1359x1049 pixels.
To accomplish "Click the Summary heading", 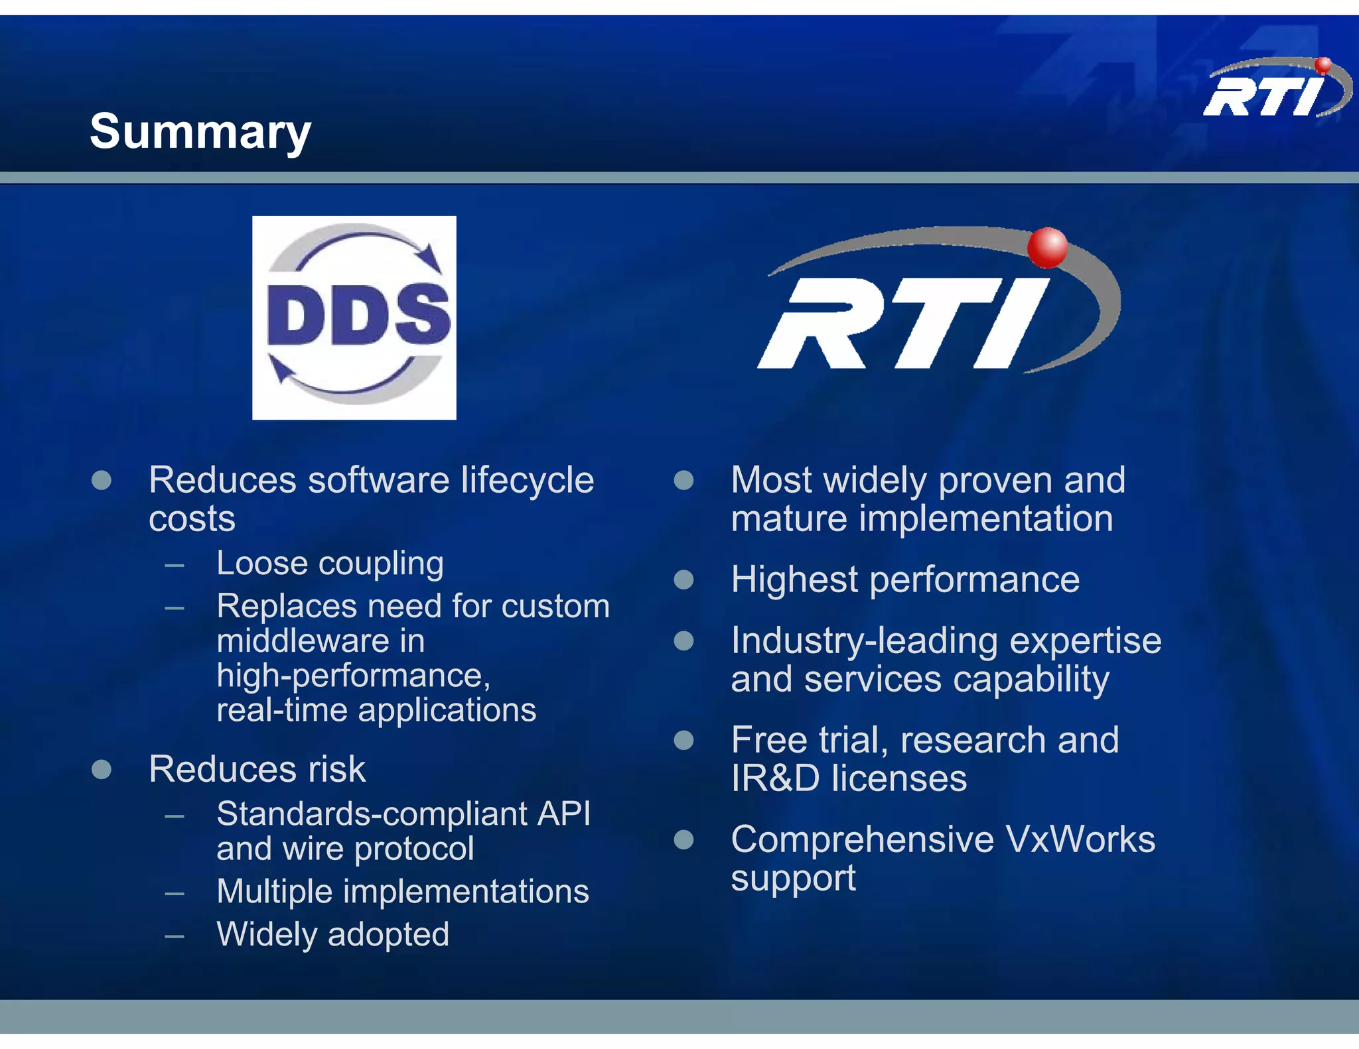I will pos(200,131).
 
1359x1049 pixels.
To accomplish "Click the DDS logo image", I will pos(354,318).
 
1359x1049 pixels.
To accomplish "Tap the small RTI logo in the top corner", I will pos(1275,90).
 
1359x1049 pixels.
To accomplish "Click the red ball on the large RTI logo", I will pos(1047,247).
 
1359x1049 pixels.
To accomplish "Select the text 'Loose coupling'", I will pos(330,564).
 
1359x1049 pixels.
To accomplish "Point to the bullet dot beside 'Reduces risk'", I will pos(102,769).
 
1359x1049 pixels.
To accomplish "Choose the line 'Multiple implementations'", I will pos(402,891).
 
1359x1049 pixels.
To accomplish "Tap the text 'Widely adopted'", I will pos(332,934).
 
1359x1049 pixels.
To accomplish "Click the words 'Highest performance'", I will pos(905,580).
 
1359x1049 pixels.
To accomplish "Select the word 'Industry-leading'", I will pos(864,641).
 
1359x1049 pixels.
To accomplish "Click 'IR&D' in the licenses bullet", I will pos(775,778).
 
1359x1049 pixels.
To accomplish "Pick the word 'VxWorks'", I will pos(1080,839).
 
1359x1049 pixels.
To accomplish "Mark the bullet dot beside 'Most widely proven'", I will pos(683,480).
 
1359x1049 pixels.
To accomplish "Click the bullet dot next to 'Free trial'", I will pos(683,740).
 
